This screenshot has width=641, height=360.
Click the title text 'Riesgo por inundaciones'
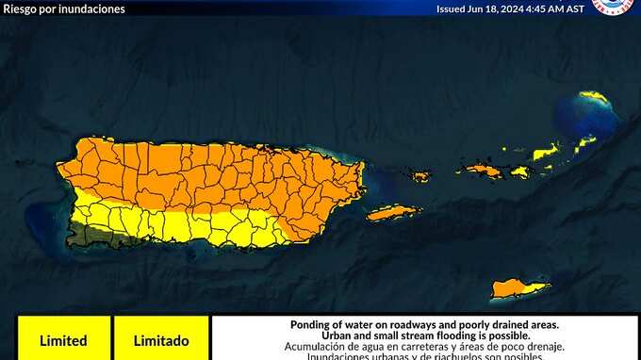tap(64, 8)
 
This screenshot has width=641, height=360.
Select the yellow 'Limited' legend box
tap(63, 340)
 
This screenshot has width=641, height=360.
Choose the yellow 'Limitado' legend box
tap(160, 340)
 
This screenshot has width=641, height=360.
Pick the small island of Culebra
tap(419, 175)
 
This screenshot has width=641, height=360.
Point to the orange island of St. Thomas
tap(484, 171)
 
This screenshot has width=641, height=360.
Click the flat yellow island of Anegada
tap(593, 97)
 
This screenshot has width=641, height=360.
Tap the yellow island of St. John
tap(518, 171)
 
